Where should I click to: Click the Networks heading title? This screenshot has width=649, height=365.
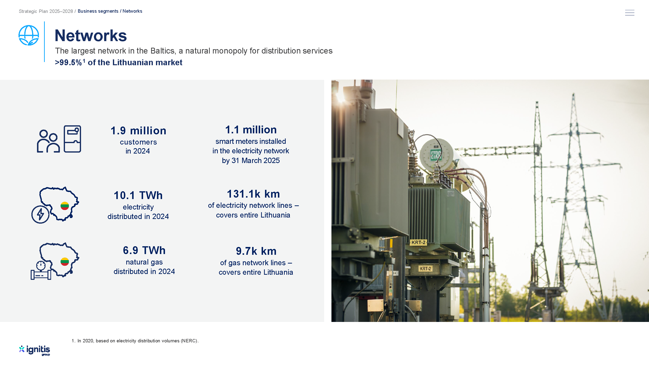pyautogui.click(x=91, y=36)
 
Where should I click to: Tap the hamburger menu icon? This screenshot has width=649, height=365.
pyautogui.click(x=629, y=13)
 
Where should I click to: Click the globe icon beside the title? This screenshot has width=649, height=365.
pyautogui.click(x=29, y=35)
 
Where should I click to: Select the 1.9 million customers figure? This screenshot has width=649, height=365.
pyautogui.click(x=138, y=131)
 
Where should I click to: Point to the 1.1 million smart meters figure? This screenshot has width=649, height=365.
pyautogui.click(x=251, y=130)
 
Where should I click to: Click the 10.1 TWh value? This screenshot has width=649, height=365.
pyautogui.click(x=138, y=195)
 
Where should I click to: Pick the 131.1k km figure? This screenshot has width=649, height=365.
pyautogui.click(x=254, y=194)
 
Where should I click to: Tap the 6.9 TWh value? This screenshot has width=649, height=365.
pyautogui.click(x=144, y=250)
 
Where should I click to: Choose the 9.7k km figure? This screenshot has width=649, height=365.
pyautogui.click(x=256, y=251)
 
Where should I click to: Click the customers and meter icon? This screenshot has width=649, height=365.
pyautogui.click(x=59, y=139)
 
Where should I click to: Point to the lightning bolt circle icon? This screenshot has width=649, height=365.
pyautogui.click(x=40, y=214)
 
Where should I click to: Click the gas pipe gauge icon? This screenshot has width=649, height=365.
pyautogui.click(x=41, y=271)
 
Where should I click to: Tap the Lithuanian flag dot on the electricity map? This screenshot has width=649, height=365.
pyautogui.click(x=65, y=206)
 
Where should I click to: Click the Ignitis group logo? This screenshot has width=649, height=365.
pyautogui.click(x=35, y=350)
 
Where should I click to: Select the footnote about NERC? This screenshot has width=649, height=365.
pyautogui.click(x=135, y=341)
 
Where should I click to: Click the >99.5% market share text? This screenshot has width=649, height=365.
pyautogui.click(x=119, y=62)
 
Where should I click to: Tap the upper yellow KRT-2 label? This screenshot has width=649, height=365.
pyautogui.click(x=419, y=242)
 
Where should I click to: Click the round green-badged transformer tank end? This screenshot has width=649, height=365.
pyautogui.click(x=435, y=154)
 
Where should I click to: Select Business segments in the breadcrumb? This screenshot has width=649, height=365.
pyautogui.click(x=98, y=11)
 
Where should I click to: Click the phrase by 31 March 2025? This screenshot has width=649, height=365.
pyautogui.click(x=251, y=160)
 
